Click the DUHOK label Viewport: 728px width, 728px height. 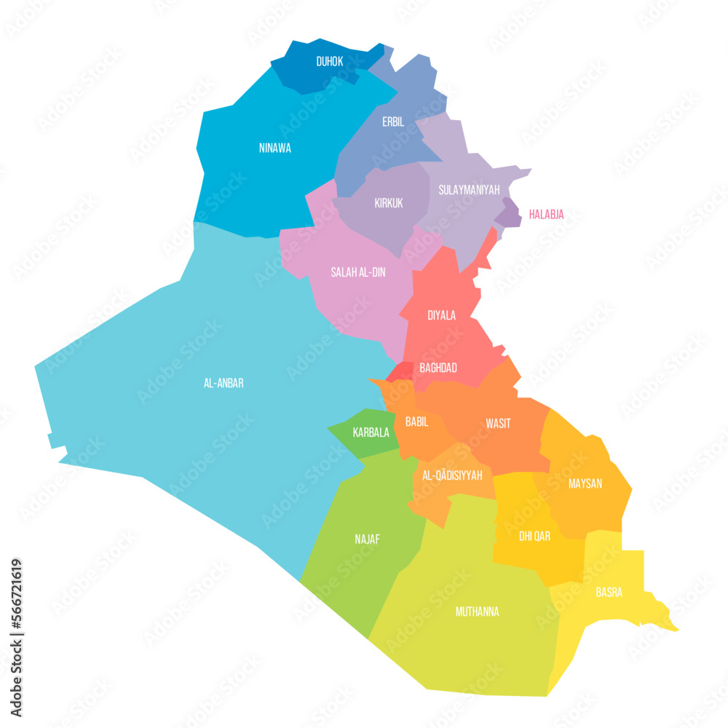click(330, 62)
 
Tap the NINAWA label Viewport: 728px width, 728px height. click(274, 148)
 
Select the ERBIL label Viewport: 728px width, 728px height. click(393, 122)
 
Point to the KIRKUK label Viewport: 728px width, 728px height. click(389, 203)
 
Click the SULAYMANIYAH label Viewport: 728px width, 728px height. click(469, 190)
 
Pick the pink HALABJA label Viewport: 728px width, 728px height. click(546, 214)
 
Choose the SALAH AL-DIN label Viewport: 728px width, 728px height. click(358, 272)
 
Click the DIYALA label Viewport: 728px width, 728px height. click(441, 315)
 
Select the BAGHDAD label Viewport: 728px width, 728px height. click(438, 368)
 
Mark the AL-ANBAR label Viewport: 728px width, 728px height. click(223, 383)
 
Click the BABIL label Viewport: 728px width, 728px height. click(416, 422)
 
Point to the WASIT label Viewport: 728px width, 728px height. click(498, 424)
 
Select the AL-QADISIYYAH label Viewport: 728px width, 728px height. click(452, 475)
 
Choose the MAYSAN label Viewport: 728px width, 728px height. click(585, 483)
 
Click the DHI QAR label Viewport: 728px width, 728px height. click(534, 536)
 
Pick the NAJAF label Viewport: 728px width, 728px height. click(367, 539)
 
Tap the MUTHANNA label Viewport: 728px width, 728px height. click(477, 612)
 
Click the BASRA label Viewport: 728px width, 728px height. click(609, 592)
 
